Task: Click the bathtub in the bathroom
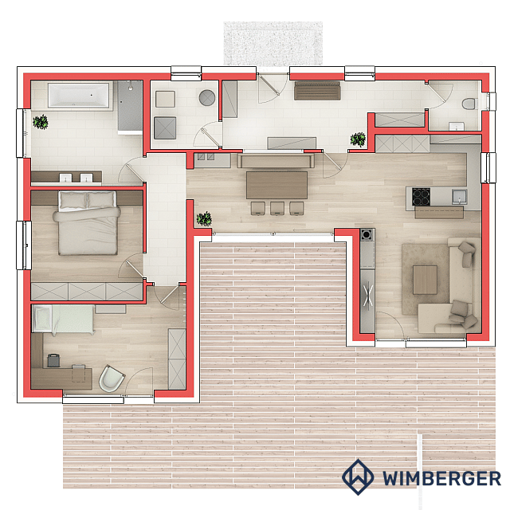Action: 78,96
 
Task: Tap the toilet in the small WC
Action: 469,104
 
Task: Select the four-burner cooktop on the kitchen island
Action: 421,197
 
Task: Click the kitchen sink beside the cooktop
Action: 459,197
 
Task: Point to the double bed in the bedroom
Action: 87,223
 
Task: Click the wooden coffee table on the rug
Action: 425,280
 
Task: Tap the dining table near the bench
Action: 277,185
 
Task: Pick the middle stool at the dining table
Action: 277,209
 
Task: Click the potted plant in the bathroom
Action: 41,122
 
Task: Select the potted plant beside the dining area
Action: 204,218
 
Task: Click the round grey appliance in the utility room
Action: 207,97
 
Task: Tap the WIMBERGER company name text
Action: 441,478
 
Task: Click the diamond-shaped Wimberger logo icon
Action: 358,477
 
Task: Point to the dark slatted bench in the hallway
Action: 317,91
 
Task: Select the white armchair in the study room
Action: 112,379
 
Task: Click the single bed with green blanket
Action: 64,319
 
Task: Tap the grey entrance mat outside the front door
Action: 273,43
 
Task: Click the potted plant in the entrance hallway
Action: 358,139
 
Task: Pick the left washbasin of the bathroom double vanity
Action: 65,178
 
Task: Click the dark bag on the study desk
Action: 53,360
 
